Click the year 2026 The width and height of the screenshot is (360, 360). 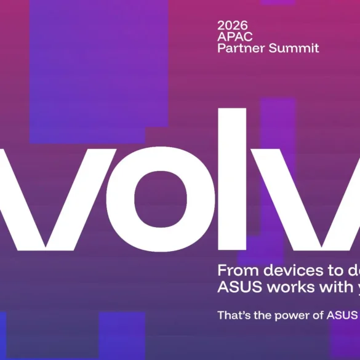233,25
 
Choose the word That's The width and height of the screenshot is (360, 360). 232,316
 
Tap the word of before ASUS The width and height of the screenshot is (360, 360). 316,316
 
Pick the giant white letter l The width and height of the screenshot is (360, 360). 236,178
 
